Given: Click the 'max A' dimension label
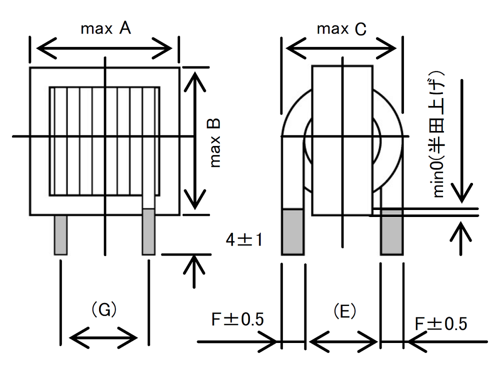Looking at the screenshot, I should [x=105, y=29].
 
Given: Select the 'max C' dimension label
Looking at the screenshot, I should [x=341, y=29].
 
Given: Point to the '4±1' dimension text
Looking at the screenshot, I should [x=243, y=240].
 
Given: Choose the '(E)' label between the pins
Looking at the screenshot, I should [x=344, y=311].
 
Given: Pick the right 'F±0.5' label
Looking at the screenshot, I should [x=441, y=323].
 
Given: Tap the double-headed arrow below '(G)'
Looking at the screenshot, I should [x=103, y=337].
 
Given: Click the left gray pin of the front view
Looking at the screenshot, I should [x=60, y=235].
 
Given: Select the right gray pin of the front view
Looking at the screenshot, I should [x=148, y=232].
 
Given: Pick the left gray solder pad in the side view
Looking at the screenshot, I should [x=293, y=232].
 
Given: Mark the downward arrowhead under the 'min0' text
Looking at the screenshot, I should [x=464, y=192].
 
